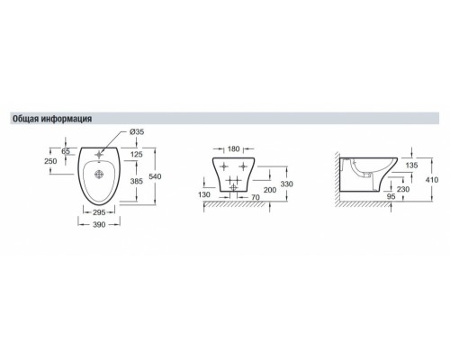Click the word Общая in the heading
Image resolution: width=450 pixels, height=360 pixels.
click(x=26, y=119)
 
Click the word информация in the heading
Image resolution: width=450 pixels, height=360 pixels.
click(x=67, y=119)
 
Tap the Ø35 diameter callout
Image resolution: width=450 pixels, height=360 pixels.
click(x=137, y=132)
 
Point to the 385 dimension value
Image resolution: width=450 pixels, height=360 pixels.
click(x=137, y=181)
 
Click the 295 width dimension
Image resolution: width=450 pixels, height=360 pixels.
click(x=99, y=212)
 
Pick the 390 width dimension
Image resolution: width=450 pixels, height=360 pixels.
click(x=99, y=224)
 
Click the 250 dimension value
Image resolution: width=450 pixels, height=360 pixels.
click(x=50, y=161)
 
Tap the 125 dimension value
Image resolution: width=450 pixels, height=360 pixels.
click(x=137, y=155)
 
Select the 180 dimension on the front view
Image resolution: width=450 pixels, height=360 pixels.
click(x=234, y=148)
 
